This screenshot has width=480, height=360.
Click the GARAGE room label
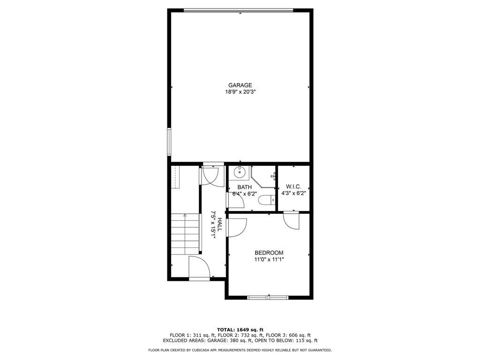coord(240,85)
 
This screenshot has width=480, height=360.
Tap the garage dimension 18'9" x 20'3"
coord(240,91)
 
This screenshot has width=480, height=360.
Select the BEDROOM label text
coord(269,253)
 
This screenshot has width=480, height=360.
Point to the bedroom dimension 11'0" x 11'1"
coord(269,260)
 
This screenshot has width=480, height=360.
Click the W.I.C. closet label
coord(293,187)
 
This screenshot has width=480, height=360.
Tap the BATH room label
coord(245,187)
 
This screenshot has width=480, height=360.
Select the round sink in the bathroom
coord(240,172)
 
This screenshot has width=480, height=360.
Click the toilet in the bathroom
coord(267,201)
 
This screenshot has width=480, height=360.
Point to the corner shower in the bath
coord(263,177)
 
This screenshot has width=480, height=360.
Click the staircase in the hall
coord(185,234)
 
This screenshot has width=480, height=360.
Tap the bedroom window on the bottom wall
coord(268,297)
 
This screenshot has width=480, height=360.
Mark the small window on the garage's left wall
coord(169,142)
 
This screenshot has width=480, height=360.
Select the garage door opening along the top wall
coord(239,11)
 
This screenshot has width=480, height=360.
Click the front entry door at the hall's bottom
coord(199,268)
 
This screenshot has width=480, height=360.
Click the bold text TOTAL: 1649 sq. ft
coord(240,330)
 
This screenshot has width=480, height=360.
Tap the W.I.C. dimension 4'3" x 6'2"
coord(293,193)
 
